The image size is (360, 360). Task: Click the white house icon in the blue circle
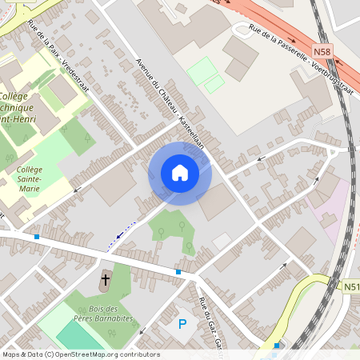[x=180, y=173]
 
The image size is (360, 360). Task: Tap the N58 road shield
[x=322, y=51]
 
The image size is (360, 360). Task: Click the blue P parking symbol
[x=182, y=323]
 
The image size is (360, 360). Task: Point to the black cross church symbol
[x=106, y=282]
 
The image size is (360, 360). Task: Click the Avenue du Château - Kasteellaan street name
[x=170, y=100]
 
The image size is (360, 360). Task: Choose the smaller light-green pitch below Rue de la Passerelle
[x=214, y=84]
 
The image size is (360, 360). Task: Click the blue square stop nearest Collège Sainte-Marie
[x=37, y=237]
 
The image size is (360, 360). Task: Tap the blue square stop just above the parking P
[x=178, y=273]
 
